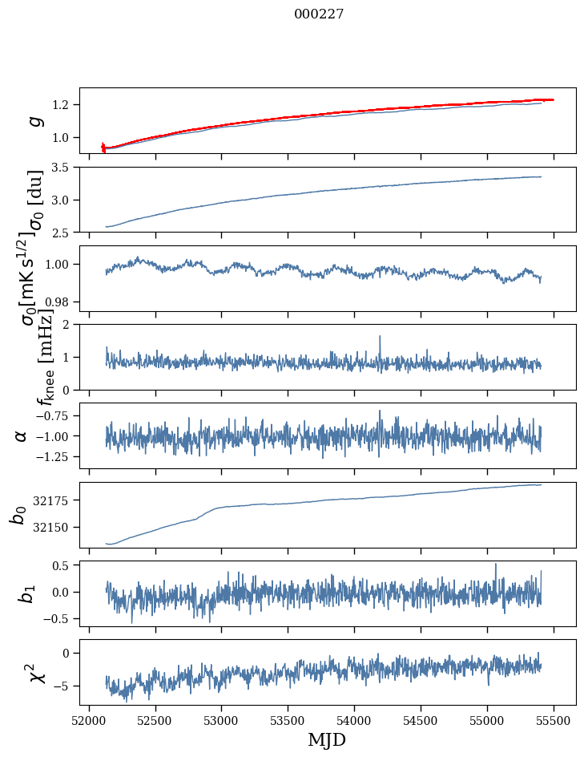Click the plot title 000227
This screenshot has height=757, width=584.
point(319,14)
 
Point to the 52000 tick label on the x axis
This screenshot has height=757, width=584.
point(89,719)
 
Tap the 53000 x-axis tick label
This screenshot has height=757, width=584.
point(221,719)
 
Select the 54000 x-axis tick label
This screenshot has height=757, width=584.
point(354,719)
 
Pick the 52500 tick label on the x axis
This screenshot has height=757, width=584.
point(155,719)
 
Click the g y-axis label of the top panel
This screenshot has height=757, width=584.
point(34,120)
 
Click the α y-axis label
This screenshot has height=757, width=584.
point(21,435)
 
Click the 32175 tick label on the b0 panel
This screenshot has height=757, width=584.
point(54,501)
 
